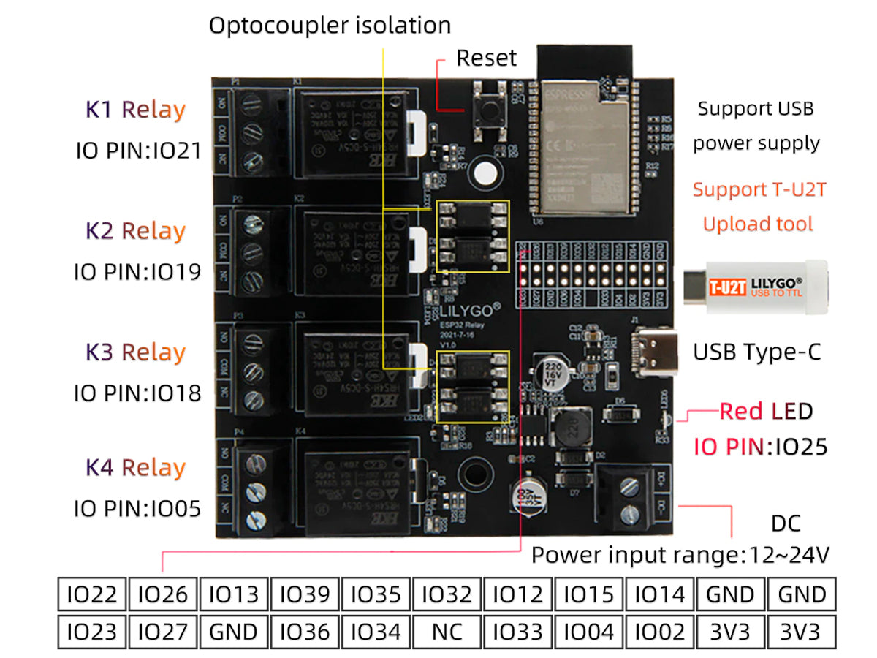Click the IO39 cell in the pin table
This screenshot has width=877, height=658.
coord(305,594)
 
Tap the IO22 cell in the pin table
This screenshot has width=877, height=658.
coord(91,594)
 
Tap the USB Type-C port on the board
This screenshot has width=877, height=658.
coord(648,352)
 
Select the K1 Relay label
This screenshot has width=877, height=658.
coord(136,110)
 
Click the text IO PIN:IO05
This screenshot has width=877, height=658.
coord(137,508)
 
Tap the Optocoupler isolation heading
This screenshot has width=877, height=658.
coord(330,26)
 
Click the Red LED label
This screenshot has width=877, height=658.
coord(765,412)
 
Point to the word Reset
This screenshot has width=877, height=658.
coord(486,58)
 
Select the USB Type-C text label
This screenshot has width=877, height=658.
coord(756,352)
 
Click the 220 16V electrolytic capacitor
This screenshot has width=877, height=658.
coord(552,371)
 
